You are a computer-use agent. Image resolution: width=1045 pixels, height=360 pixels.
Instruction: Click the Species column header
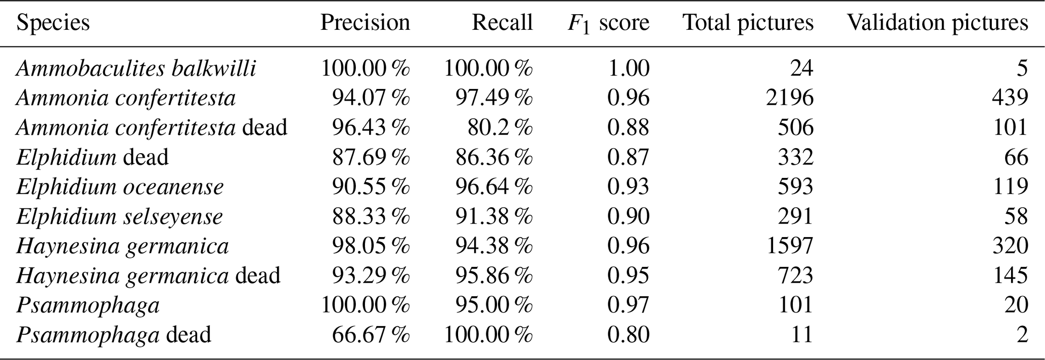(53, 23)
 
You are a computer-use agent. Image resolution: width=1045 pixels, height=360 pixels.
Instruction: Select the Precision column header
(365, 23)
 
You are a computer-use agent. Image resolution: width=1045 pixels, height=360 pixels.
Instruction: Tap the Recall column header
(503, 23)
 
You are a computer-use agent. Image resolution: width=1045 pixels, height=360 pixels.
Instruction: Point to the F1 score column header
(609, 23)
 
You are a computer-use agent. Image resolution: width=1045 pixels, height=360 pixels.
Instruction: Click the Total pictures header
(749, 23)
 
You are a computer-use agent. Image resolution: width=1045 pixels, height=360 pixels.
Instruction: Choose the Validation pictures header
(938, 23)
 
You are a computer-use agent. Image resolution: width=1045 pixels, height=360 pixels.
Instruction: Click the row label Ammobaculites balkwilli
(136, 68)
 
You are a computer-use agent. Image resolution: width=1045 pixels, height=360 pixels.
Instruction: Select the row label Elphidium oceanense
(120, 187)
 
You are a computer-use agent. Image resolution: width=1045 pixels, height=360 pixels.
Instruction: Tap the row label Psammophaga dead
(114, 335)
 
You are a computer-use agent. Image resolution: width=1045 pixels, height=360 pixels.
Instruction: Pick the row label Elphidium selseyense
(119, 217)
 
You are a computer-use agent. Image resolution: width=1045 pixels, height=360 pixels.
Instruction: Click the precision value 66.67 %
(371, 335)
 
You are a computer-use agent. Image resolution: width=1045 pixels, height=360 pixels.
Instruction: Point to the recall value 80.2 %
(500, 127)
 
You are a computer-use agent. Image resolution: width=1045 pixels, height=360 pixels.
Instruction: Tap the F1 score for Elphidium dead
(628, 157)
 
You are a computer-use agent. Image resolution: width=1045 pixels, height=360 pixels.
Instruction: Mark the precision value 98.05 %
(371, 246)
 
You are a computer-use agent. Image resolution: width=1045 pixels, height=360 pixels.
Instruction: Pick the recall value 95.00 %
(494, 305)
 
